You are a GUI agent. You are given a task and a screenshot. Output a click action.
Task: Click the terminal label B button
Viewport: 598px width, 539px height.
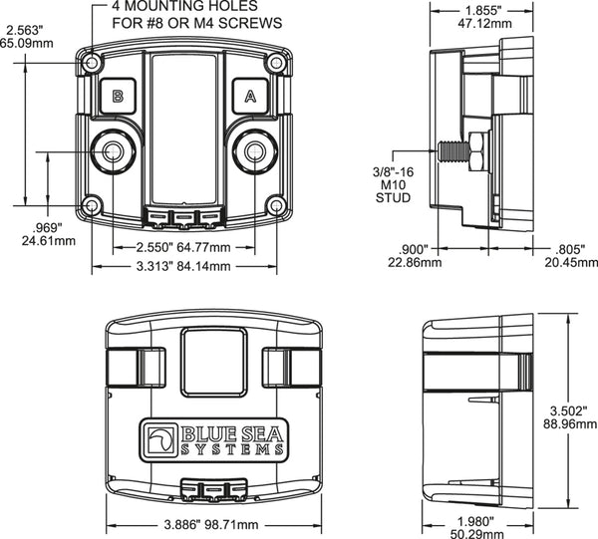118,97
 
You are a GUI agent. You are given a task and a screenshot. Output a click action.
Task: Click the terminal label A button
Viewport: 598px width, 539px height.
249,97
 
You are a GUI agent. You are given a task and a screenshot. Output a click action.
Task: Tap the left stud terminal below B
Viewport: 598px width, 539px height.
112,152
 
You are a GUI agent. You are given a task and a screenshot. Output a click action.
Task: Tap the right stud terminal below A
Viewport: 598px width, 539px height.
255,152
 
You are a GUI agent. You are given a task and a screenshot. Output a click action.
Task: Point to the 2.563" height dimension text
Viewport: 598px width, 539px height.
22,36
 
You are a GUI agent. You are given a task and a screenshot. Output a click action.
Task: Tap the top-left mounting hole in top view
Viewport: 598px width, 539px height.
93,63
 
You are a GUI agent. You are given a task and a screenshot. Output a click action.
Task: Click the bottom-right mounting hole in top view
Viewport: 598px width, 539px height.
275,205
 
